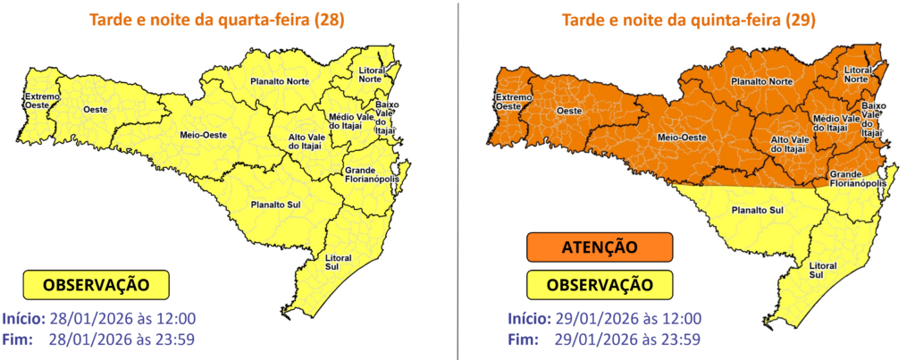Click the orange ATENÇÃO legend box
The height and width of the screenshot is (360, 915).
click(x=599, y=247)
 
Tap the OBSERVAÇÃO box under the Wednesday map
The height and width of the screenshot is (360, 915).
click(x=97, y=286)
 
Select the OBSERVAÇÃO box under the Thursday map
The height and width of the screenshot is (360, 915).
click(x=599, y=284)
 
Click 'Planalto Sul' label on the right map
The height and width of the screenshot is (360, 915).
click(x=757, y=212)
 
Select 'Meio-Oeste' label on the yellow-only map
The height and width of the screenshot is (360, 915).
click(x=204, y=135)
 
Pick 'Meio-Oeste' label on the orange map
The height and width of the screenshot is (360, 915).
click(x=684, y=138)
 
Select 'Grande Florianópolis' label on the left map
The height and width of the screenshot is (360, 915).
click(x=369, y=177)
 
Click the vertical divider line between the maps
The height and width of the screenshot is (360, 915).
click(x=457, y=179)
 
